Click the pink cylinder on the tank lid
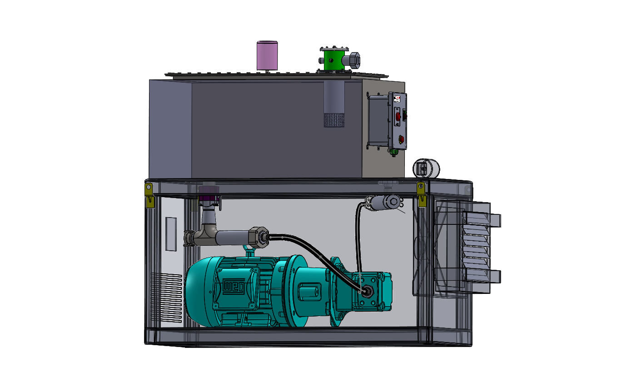click(267, 55)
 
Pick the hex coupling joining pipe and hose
click(259, 237)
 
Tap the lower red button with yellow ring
click(400, 139)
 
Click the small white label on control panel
click(397, 99)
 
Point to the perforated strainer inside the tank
click(334, 120)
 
